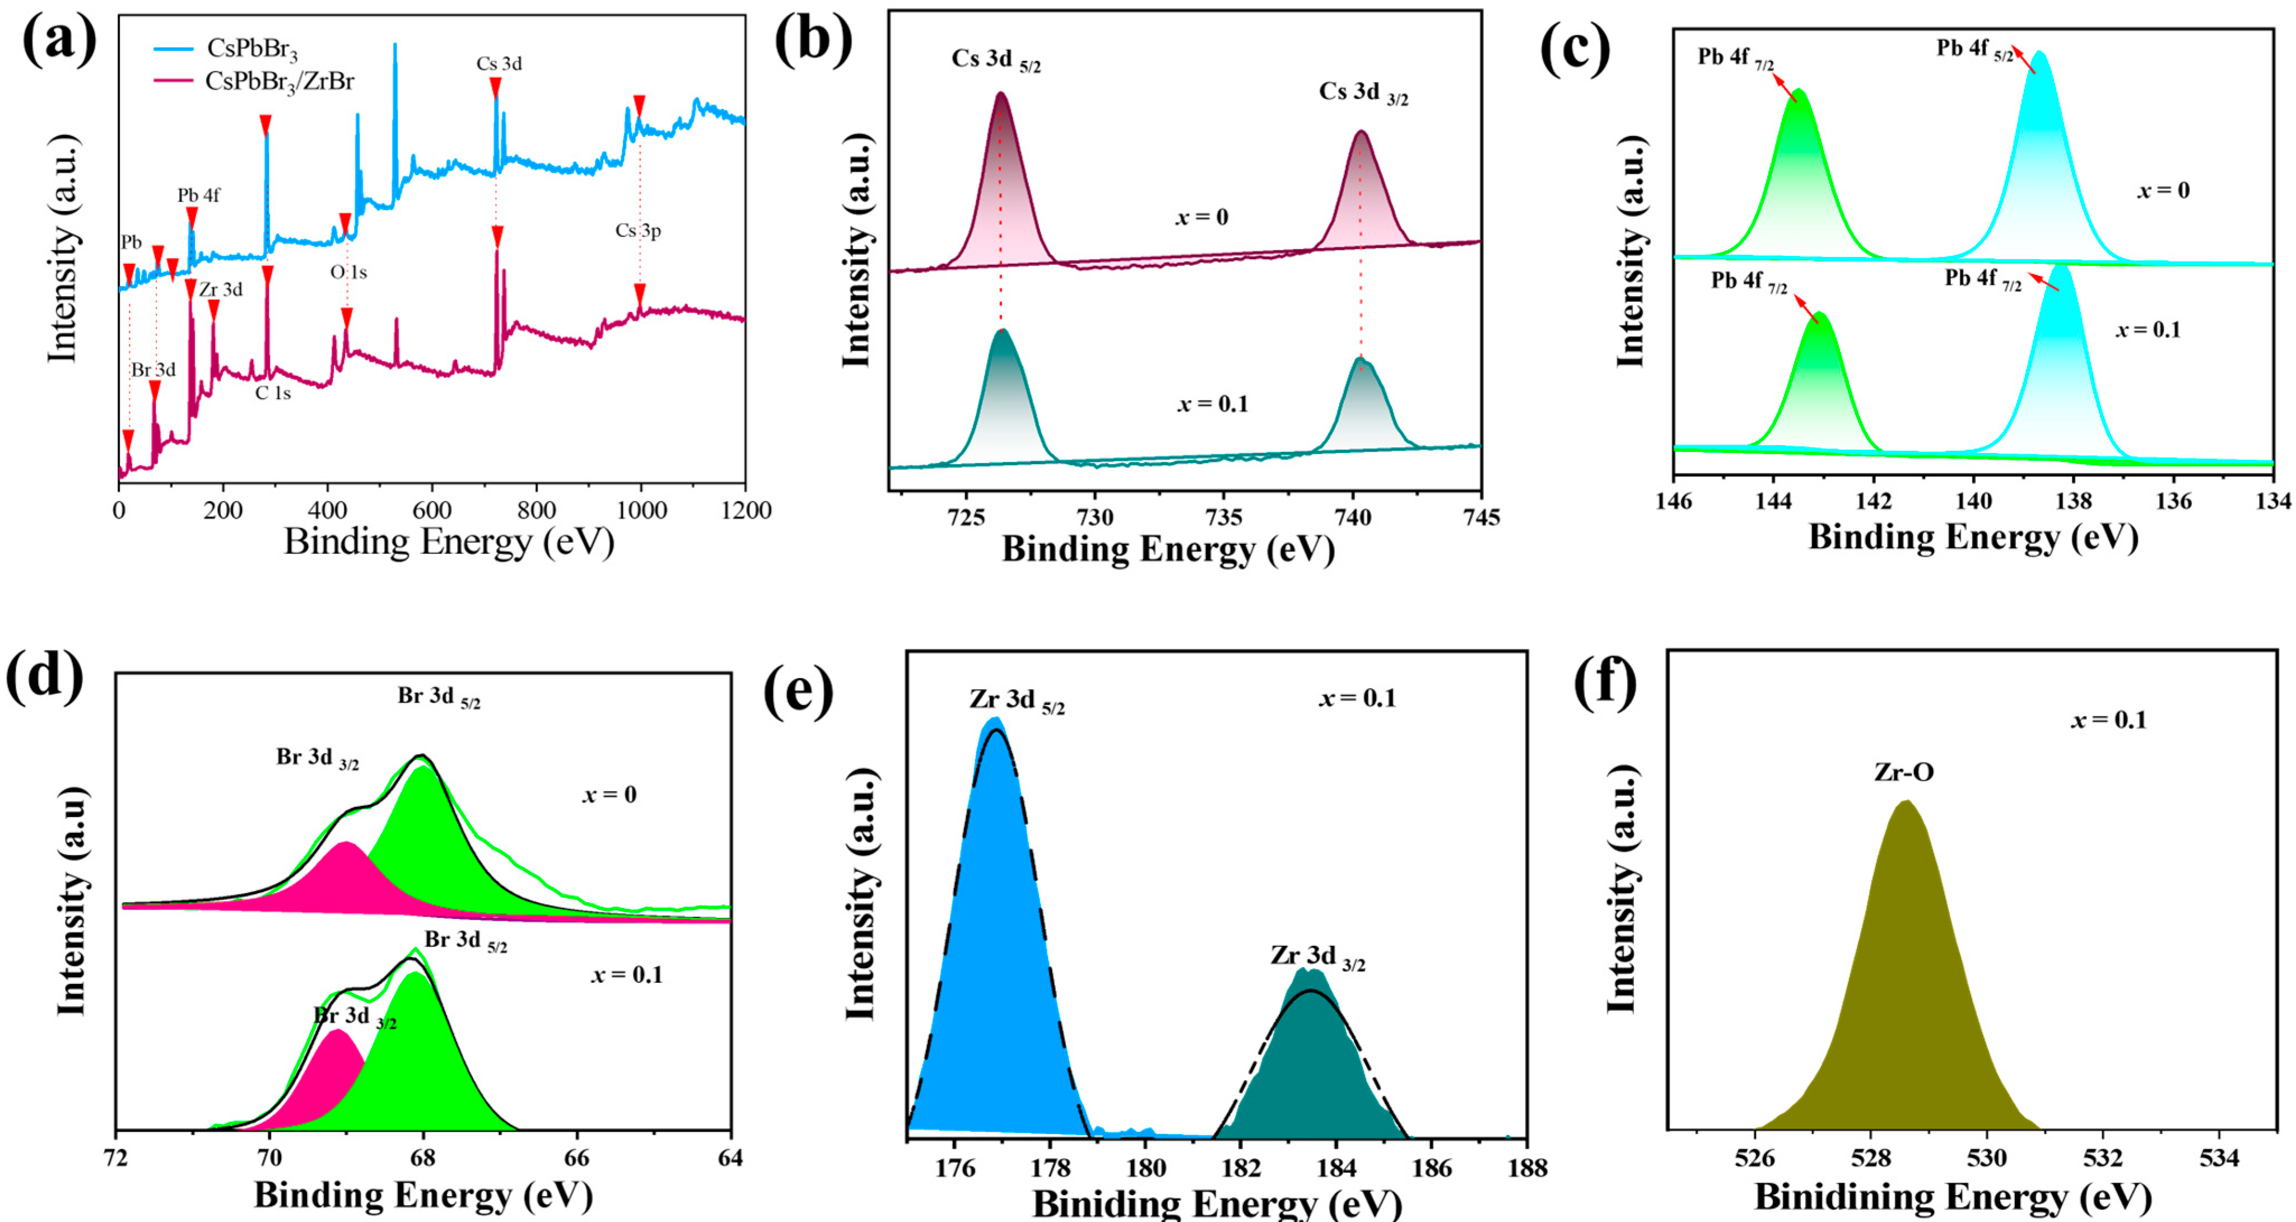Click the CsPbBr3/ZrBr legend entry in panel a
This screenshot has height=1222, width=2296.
pos(279,82)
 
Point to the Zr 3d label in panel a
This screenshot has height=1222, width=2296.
pos(220,290)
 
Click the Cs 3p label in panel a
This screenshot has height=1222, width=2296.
pos(638,231)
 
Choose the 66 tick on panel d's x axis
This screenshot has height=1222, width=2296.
pos(577,1158)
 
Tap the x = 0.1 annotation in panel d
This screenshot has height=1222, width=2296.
pos(627,975)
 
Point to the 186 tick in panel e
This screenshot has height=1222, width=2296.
pos(1432,1168)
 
